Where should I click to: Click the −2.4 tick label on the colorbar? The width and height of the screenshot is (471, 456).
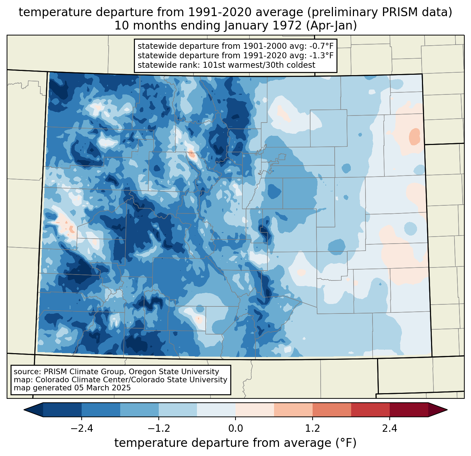[81, 429]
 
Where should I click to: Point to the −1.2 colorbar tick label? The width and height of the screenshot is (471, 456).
[158, 429]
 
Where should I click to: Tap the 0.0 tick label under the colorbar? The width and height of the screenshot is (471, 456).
[235, 429]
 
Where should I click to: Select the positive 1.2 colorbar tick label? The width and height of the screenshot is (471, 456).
[313, 429]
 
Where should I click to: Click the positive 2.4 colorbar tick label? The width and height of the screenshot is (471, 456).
[389, 429]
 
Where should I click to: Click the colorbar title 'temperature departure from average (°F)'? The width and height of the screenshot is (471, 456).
[235, 443]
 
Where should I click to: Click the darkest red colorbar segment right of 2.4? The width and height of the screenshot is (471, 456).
[409, 410]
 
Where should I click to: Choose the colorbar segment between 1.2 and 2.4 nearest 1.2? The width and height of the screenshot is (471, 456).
[332, 410]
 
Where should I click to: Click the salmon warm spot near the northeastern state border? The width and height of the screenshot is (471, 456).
[415, 136]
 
